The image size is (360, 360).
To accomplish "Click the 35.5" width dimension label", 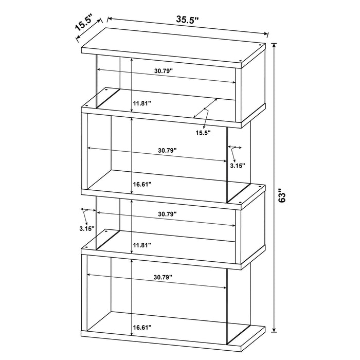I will (x=188, y=20).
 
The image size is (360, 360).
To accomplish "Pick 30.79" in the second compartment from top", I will (x=168, y=151).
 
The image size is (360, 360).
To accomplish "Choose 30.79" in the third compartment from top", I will (x=168, y=213).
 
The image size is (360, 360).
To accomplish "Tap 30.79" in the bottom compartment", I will (x=163, y=277).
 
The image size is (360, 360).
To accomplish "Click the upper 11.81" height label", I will (x=142, y=103).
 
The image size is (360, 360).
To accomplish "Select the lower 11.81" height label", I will (x=142, y=245).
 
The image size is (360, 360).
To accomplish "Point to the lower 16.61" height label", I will (x=142, y=327).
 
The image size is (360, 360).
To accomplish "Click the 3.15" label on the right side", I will (x=238, y=166).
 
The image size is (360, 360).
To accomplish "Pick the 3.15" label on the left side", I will (x=87, y=228).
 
